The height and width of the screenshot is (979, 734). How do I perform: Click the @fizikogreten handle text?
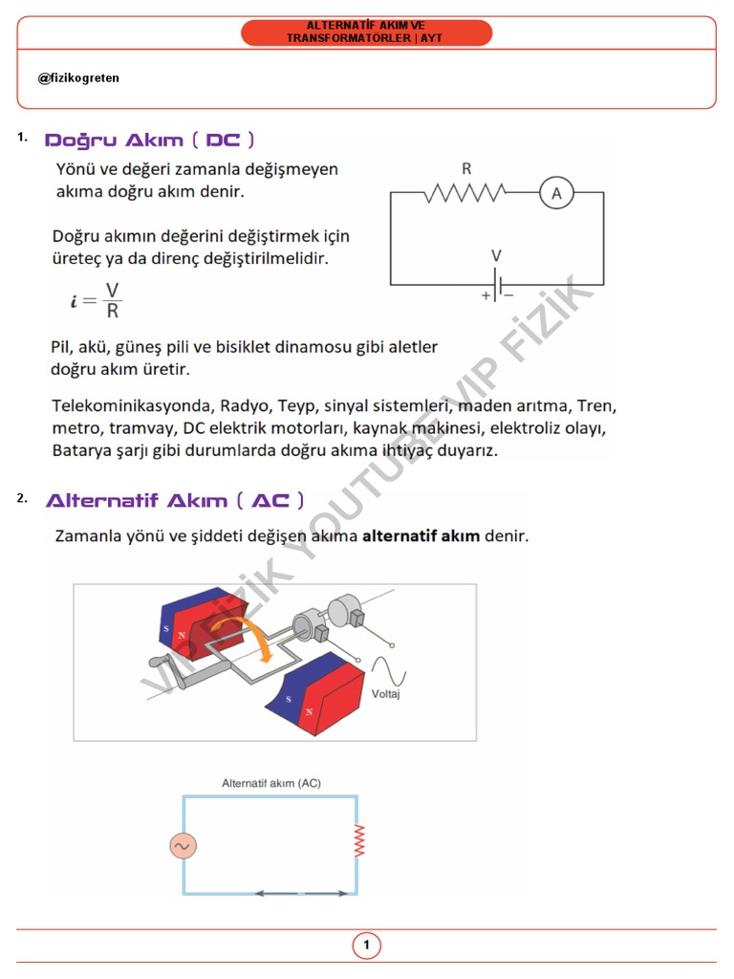(x=78, y=78)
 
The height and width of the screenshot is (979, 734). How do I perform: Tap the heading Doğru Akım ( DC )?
(x=150, y=141)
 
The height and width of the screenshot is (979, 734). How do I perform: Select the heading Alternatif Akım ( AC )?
(x=175, y=500)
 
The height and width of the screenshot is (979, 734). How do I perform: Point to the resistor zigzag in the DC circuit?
(x=465, y=193)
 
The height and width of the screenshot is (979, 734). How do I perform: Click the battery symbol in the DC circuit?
(x=497, y=285)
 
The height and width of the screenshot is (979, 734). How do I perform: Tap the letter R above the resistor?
(x=466, y=169)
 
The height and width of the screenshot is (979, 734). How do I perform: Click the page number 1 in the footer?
(x=366, y=946)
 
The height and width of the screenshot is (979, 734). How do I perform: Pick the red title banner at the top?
(x=366, y=32)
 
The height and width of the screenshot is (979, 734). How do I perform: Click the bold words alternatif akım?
(x=421, y=536)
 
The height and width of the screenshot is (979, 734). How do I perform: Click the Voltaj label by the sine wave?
(x=386, y=694)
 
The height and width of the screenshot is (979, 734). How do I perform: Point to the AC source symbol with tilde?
(x=183, y=846)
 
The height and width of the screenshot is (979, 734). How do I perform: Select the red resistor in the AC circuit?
(x=359, y=841)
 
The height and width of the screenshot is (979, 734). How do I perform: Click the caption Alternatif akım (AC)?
(x=271, y=783)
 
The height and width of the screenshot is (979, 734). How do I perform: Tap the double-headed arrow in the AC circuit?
(x=300, y=894)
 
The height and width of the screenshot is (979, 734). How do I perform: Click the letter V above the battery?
(x=495, y=256)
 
